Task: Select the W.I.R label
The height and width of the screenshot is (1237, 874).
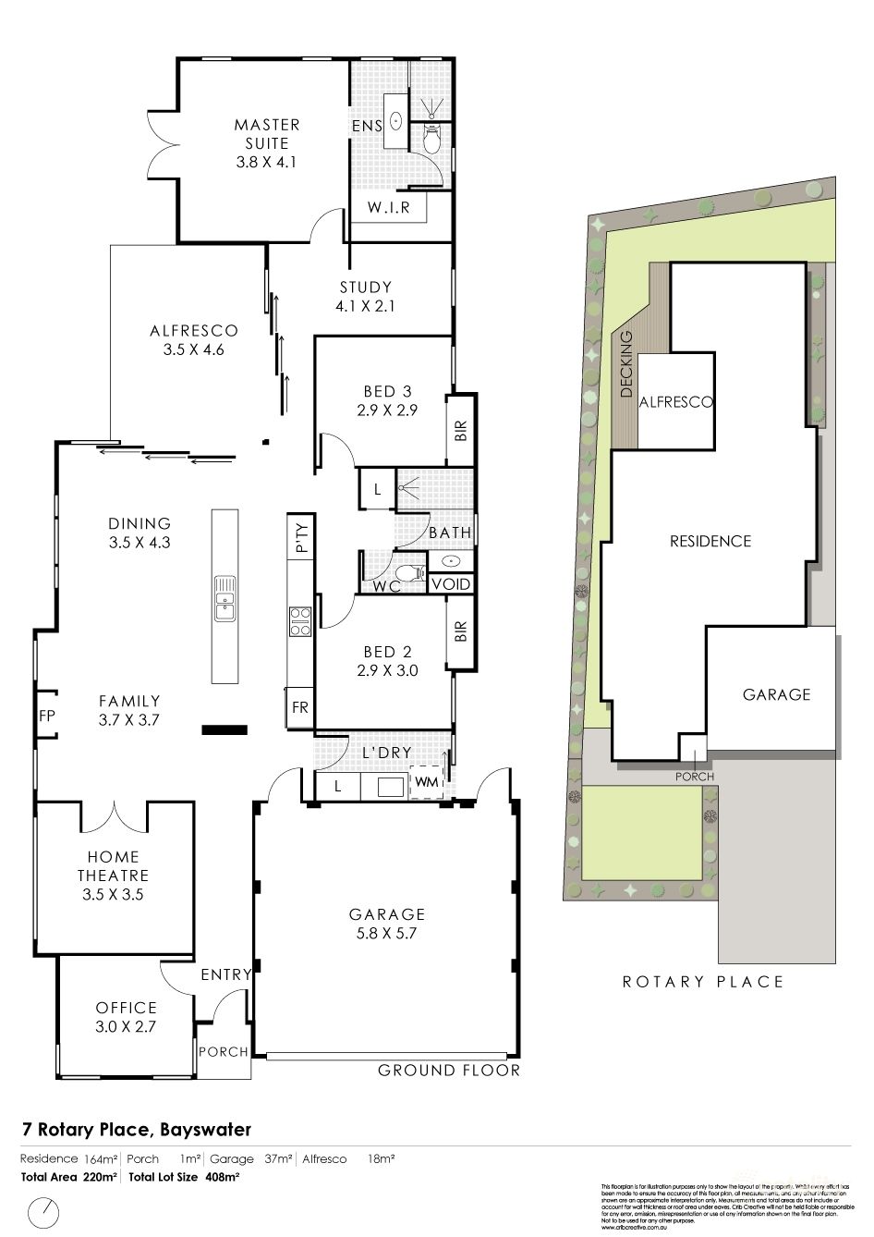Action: click(388, 207)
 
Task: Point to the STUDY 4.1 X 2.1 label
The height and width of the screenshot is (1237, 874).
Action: click(365, 296)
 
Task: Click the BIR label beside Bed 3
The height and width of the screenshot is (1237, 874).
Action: click(462, 431)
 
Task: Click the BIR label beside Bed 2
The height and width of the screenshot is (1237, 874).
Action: click(462, 631)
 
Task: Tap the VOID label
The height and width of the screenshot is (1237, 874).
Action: click(452, 584)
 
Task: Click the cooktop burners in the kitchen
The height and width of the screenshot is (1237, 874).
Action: click(299, 620)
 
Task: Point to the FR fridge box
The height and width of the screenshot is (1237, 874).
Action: click(299, 708)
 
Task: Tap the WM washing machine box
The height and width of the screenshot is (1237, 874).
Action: click(426, 783)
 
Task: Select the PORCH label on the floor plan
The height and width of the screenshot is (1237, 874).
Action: click(224, 1051)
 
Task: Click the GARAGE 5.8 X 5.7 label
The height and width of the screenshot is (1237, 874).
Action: click(387, 924)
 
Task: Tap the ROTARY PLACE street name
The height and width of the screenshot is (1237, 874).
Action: click(702, 982)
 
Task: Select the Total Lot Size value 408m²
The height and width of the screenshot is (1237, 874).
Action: click(222, 1177)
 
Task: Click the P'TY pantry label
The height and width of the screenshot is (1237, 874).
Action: click(300, 536)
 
